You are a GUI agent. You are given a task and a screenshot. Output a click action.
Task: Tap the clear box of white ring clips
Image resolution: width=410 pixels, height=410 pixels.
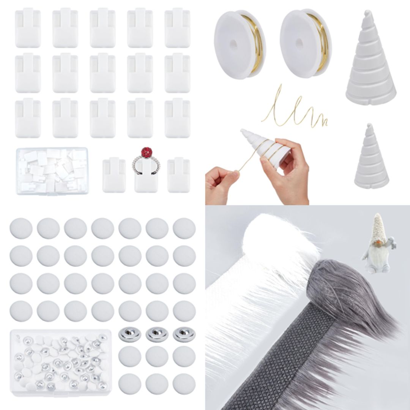click(52, 171)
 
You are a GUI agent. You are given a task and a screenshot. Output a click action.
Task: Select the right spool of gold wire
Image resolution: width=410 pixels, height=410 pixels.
click(305, 43)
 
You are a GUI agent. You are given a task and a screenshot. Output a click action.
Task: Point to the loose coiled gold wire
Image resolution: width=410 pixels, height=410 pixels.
click(295, 108)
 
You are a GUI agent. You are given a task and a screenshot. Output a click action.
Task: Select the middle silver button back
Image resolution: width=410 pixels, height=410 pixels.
click(157, 334)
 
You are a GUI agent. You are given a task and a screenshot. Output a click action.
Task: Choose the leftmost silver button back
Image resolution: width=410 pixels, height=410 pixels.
click(130, 334)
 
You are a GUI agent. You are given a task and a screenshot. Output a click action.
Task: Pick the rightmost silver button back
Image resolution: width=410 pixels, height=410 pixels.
click(184, 334)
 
